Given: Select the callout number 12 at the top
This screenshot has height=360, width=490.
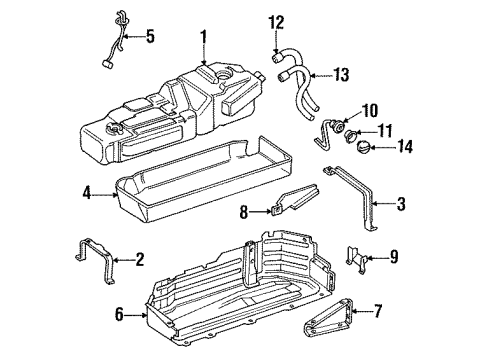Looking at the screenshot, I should tap(277, 20).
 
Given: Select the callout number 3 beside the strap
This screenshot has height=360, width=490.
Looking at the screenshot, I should tap(401, 204).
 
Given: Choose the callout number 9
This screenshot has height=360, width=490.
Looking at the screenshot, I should tap(395, 257).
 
